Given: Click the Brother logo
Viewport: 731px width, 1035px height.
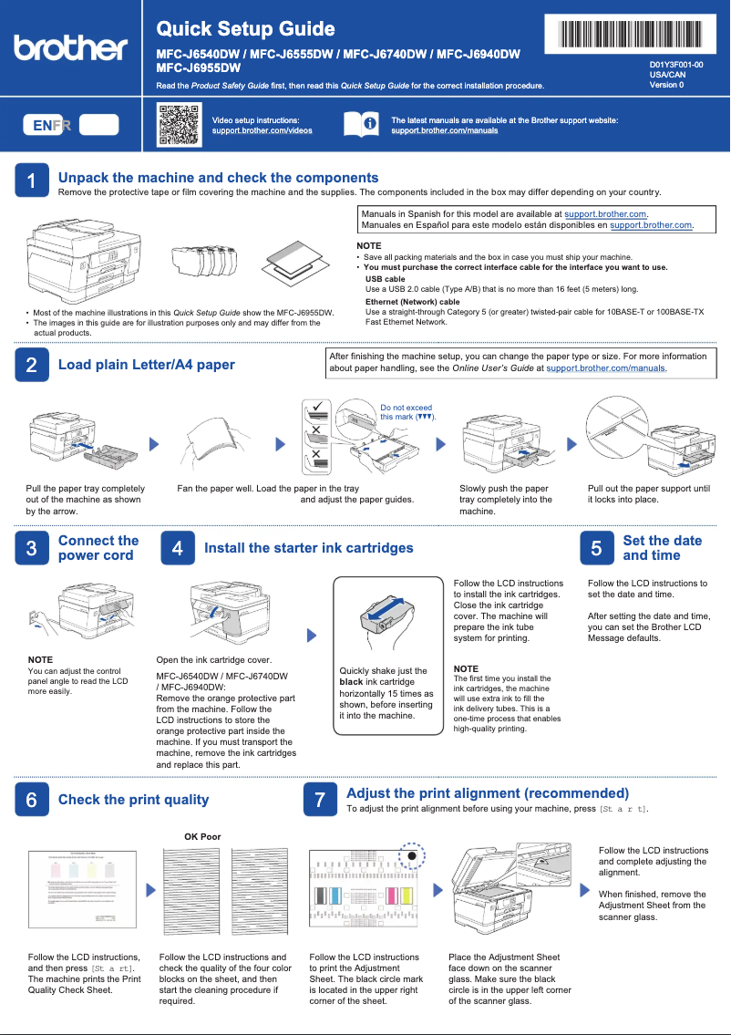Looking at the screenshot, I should (70, 47).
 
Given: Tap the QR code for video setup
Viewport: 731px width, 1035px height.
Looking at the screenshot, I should (179, 125).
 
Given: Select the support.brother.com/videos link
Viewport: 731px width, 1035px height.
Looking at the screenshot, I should (262, 130).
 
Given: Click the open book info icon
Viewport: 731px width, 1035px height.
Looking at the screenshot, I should (360, 124).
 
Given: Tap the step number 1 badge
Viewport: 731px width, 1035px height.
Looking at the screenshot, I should (31, 181).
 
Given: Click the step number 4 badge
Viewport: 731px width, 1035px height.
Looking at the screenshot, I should (177, 548).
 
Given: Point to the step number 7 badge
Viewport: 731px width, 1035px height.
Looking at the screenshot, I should (319, 800).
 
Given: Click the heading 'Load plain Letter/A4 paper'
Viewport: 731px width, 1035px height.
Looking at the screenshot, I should (146, 365).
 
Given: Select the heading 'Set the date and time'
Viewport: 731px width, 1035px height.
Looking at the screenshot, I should (662, 548).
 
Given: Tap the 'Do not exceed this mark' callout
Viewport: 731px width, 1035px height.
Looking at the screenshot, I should (407, 412).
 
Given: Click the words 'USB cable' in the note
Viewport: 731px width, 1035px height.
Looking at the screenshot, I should (385, 279).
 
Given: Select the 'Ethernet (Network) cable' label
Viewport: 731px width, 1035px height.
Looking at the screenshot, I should (412, 302).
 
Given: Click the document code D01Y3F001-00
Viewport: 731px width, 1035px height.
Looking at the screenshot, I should (675, 66).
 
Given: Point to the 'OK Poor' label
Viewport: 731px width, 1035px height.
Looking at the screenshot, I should (202, 836).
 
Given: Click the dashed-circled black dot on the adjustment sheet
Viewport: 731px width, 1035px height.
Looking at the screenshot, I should (412, 856).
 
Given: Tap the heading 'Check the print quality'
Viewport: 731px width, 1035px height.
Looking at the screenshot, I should (133, 800).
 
